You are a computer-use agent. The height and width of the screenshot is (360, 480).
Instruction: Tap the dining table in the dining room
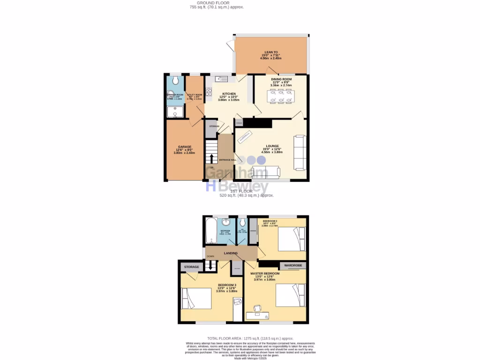click(x=279, y=96)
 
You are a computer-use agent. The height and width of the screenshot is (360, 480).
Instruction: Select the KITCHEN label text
click(x=229, y=94)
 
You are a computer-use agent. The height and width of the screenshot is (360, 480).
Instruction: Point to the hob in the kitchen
click(x=209, y=91)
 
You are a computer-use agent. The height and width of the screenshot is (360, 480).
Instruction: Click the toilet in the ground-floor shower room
click(x=175, y=81)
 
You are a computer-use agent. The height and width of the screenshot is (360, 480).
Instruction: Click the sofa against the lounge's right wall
click(x=300, y=152)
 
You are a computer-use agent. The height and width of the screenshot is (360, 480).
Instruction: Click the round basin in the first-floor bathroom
click(x=226, y=222)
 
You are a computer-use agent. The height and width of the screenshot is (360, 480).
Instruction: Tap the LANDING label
click(x=231, y=253)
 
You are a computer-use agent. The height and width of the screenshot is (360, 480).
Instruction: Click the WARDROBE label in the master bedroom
click(x=293, y=266)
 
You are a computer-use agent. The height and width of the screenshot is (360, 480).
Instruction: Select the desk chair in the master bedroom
click(x=257, y=308)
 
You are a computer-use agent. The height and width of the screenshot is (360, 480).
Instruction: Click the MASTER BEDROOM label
click(x=265, y=273)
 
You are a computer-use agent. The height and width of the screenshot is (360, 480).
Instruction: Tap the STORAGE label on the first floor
click(x=191, y=267)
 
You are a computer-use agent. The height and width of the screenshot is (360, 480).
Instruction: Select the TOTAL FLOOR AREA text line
click(x=250, y=338)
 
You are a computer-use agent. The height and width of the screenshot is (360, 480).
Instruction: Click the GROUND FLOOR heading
click(x=213, y=3)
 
